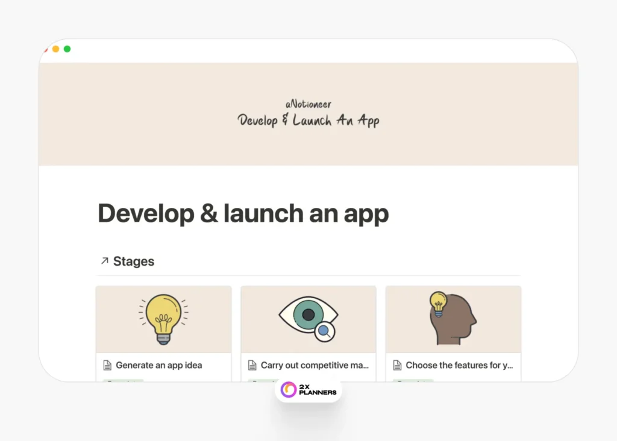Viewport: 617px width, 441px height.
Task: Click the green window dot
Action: coord(67,49)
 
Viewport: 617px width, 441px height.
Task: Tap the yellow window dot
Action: coord(55,49)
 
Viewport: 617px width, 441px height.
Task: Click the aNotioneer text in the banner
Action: coord(308,104)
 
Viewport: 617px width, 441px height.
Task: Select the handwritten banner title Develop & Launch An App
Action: coord(308,120)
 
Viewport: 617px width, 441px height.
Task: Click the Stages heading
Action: coord(134,261)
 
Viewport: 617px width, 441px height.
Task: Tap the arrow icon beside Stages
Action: coord(104,261)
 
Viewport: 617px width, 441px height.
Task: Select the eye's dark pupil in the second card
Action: coord(308,314)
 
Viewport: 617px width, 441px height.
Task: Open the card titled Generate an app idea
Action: coord(158,365)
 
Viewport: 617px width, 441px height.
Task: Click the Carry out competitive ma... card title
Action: coord(314,365)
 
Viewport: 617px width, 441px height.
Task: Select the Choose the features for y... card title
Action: coord(459,365)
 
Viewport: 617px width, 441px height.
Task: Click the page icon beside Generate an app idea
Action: coord(107,365)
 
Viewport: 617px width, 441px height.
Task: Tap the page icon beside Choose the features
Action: coord(397,365)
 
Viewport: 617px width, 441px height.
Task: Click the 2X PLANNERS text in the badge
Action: coord(318,389)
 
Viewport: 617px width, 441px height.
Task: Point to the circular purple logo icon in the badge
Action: coord(289,389)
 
